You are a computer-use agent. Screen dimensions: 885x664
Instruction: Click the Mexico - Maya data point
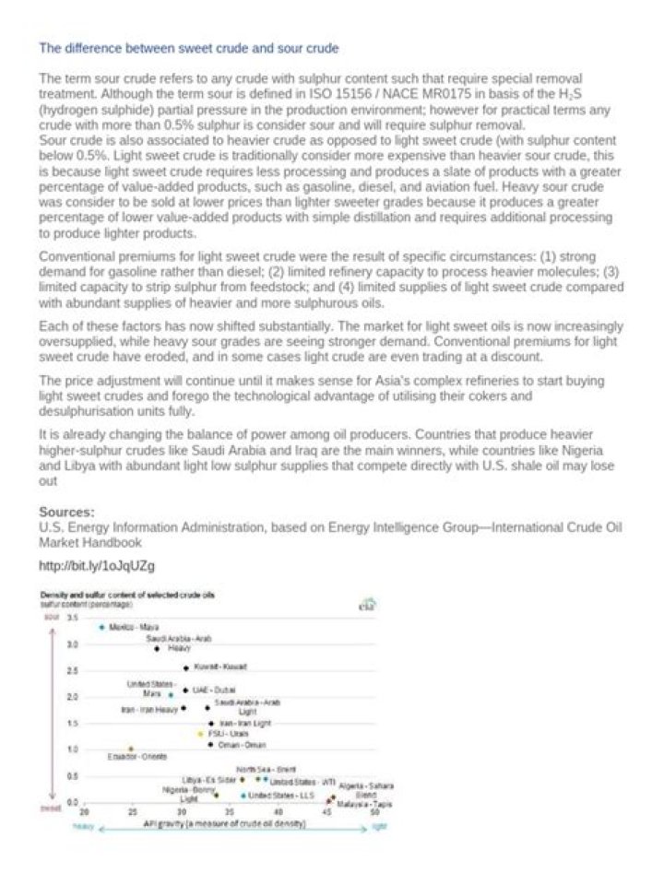tap(101, 627)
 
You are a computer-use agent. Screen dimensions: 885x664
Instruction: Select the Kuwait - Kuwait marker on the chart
tap(186, 667)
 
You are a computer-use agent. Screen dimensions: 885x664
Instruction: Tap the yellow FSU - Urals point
tap(200, 733)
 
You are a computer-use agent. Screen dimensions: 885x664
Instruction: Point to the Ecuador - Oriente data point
tap(131, 749)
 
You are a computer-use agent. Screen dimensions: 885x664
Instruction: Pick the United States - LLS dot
tap(243, 795)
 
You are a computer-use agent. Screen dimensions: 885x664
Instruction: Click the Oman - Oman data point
tap(210, 744)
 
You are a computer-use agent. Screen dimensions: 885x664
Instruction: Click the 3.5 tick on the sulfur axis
tap(73, 616)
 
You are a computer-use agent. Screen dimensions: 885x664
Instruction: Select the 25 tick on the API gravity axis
tap(132, 814)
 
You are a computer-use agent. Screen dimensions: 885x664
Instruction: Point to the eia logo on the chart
tap(364, 606)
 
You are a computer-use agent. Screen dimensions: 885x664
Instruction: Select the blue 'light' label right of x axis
tap(378, 827)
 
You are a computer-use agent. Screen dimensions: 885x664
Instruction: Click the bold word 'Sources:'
tap(66, 511)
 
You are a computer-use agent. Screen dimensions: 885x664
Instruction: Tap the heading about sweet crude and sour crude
tap(189, 47)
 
